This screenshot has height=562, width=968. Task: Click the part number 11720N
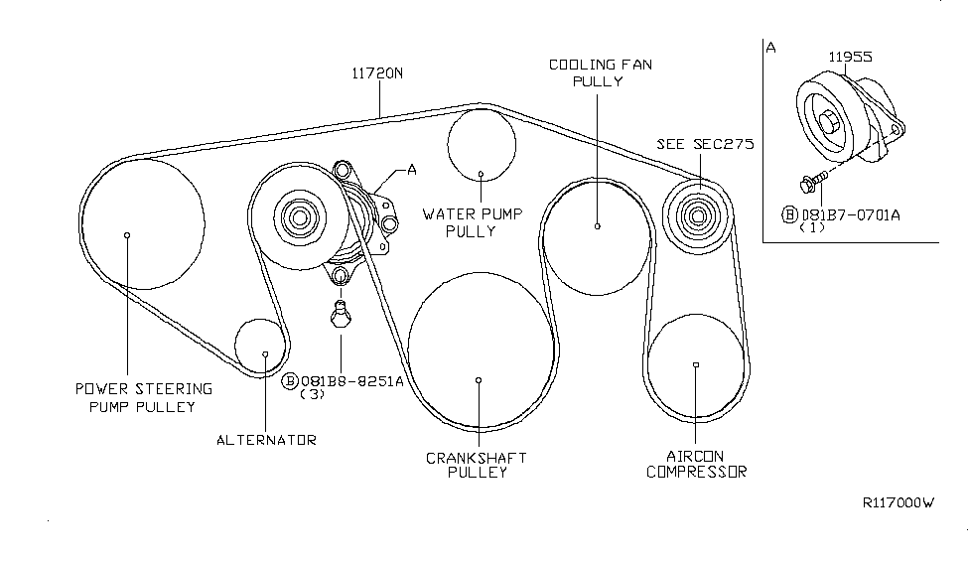click(377, 72)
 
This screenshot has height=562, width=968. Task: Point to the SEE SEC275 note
click(704, 143)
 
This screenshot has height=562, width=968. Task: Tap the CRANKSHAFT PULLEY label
click(477, 465)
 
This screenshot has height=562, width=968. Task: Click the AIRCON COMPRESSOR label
click(696, 465)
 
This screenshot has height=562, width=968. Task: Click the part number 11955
click(851, 58)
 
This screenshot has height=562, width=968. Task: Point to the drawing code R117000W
click(899, 503)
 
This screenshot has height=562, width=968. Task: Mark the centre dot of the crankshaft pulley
click(479, 379)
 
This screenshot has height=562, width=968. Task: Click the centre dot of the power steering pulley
click(128, 235)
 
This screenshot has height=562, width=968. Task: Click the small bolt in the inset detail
click(810, 183)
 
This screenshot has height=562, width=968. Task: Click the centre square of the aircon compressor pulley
click(696, 364)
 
